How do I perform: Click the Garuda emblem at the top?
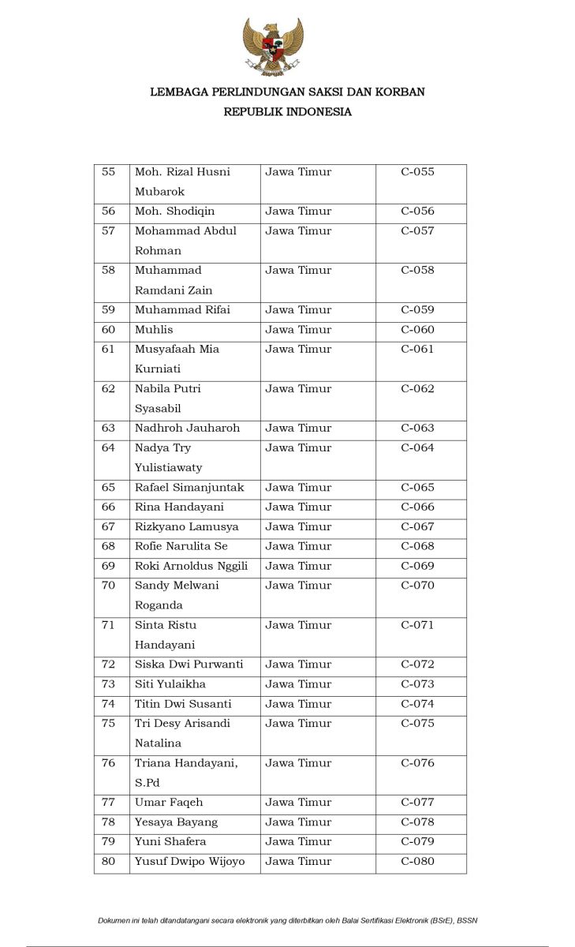[x=273, y=47]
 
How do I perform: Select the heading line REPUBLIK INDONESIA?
[x=287, y=112]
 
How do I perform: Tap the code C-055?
[x=417, y=172]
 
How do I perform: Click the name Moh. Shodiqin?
[x=174, y=211]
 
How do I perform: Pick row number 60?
[x=109, y=330]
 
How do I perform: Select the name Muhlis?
[x=154, y=330]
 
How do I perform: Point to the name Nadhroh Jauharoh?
[x=187, y=429]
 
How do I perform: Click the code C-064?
[x=417, y=448]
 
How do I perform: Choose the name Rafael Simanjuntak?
[x=189, y=488]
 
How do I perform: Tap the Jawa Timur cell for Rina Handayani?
[x=298, y=507]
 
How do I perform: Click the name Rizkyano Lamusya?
[x=186, y=527]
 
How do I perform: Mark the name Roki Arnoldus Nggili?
[x=191, y=566]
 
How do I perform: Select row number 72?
[x=109, y=664]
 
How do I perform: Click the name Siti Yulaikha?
[x=170, y=684]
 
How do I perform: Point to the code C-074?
[x=417, y=704]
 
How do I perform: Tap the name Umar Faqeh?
[x=169, y=803]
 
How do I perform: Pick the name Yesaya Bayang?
[x=176, y=822]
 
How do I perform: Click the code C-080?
[x=417, y=862]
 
